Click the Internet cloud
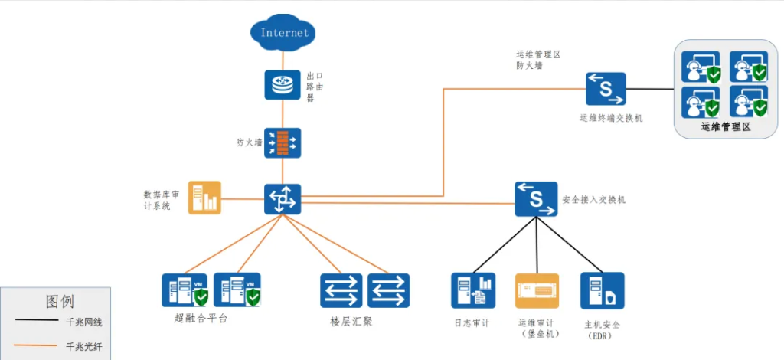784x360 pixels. point(283,32)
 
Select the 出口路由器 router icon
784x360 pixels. point(283,85)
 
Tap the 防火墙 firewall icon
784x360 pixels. point(283,142)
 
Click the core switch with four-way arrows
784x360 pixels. point(283,199)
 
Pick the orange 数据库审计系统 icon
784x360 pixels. point(204,198)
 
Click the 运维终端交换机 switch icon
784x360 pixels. point(606,90)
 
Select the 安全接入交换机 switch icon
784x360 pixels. point(536,199)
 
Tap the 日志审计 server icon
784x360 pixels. point(473,291)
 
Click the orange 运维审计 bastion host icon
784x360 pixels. point(537,291)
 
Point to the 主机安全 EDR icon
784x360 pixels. point(602,291)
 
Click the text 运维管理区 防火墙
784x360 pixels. point(539,61)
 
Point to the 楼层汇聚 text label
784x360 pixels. point(351,321)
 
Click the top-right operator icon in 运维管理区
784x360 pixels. point(748,67)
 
